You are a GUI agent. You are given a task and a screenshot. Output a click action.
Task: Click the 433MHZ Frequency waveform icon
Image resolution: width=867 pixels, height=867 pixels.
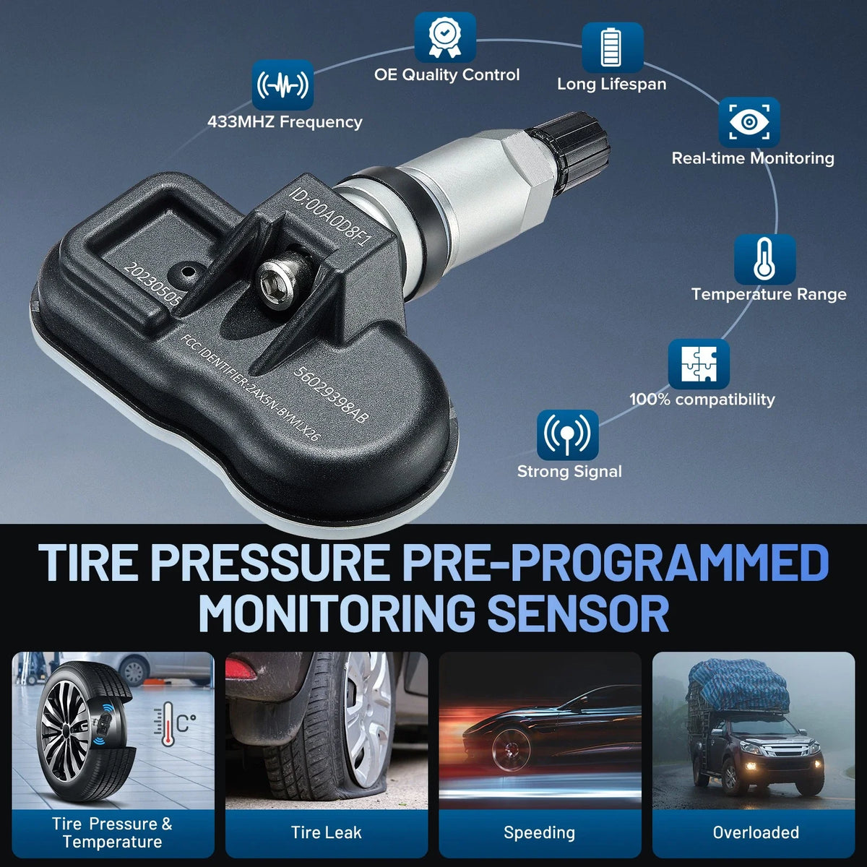click(x=282, y=85)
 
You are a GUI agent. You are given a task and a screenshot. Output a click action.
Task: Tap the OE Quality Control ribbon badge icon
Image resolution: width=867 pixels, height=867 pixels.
click(x=445, y=38)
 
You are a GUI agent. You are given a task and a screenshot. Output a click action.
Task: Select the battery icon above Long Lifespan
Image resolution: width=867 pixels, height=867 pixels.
click(x=613, y=48)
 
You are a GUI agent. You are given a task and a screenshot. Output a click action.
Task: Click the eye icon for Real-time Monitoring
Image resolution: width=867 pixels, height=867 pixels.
click(x=749, y=122)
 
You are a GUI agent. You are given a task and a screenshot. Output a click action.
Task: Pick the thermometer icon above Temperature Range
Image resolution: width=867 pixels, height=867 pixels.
click(x=765, y=259)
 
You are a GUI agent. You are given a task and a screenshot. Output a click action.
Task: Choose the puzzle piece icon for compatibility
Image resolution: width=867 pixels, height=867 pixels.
click(x=699, y=364)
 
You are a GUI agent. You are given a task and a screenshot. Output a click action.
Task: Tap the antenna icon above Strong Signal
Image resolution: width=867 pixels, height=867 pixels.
click(x=567, y=435)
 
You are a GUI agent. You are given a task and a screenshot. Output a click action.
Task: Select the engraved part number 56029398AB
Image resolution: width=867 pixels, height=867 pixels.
click(x=331, y=394)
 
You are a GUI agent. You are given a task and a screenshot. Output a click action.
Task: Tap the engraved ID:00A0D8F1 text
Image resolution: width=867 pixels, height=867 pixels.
click(x=332, y=217)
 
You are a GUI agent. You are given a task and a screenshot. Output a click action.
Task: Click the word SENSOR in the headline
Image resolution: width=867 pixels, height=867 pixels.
click(x=578, y=613)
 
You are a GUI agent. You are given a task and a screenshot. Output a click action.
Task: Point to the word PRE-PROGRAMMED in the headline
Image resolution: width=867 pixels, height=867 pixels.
click(x=616, y=562)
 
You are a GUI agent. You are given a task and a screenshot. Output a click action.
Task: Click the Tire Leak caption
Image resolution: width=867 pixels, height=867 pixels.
click(x=326, y=832)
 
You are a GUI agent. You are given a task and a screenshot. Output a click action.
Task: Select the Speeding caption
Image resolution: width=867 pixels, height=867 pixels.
click(x=540, y=833)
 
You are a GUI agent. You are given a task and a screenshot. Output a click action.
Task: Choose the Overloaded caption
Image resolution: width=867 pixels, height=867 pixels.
click(x=756, y=832)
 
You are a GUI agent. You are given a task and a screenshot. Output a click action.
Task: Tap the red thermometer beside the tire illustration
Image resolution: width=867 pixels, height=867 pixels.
click(x=168, y=725)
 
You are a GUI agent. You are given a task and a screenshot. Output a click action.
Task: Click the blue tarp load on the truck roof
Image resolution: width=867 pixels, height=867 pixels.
click(x=738, y=685)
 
